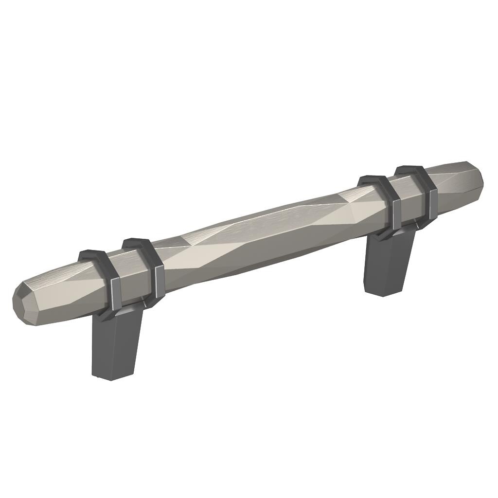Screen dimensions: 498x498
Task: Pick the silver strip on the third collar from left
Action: (x=397, y=214)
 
